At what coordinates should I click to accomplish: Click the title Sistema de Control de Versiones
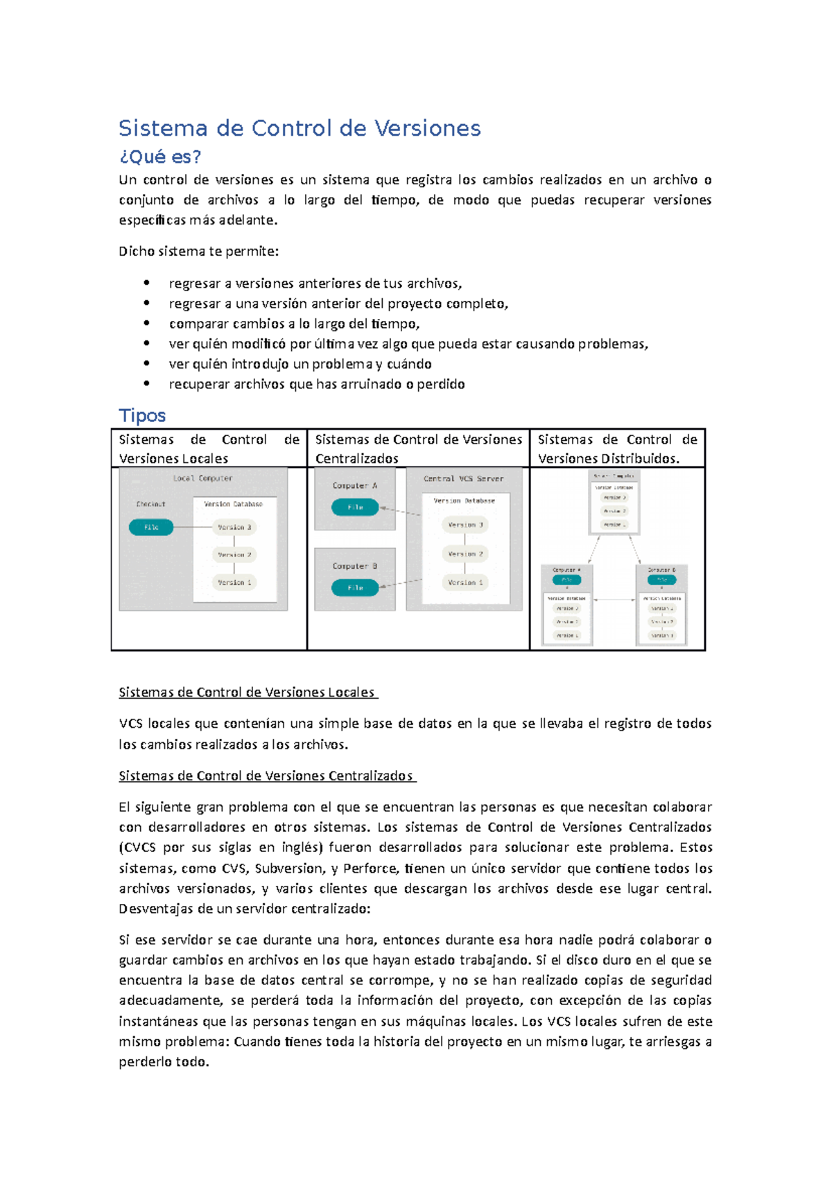299,128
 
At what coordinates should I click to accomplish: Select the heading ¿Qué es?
159,157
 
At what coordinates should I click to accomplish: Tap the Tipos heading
142,415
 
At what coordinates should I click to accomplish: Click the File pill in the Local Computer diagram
151,528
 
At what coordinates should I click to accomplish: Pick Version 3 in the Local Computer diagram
234,528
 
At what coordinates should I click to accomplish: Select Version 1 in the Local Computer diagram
234,583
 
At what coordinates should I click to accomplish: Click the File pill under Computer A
355,507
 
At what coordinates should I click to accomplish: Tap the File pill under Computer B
355,588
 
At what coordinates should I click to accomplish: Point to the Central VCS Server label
463,479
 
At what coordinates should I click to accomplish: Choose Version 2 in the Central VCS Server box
465,554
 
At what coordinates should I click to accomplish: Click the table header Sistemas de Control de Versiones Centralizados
418,448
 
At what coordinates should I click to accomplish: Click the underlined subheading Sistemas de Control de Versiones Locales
247,692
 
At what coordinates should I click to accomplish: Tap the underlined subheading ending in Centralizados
266,776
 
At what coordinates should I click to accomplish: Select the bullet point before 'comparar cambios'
146,323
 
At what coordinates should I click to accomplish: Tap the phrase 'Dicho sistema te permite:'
198,252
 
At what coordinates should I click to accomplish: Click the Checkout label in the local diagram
150,504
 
